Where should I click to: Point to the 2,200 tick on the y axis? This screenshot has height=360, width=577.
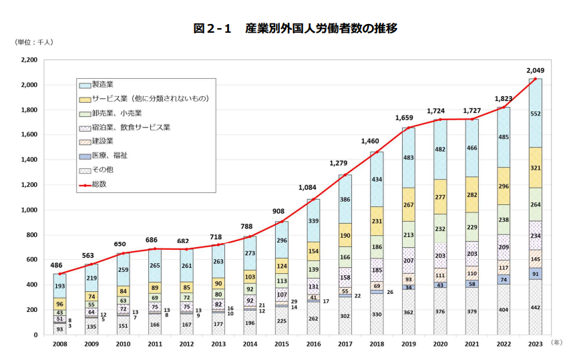[27, 60]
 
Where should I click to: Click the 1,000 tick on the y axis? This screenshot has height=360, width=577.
[27, 210]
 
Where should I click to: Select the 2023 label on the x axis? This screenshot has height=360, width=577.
[536, 343]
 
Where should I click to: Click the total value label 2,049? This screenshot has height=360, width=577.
[536, 70]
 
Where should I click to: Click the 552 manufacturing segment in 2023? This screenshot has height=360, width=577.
[536, 114]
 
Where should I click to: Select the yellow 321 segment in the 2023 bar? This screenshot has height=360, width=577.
[536, 168]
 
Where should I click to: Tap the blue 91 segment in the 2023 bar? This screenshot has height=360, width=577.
[536, 274]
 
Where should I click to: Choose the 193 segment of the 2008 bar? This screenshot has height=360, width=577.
[60, 286]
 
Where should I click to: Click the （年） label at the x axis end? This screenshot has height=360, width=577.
[557, 342]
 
